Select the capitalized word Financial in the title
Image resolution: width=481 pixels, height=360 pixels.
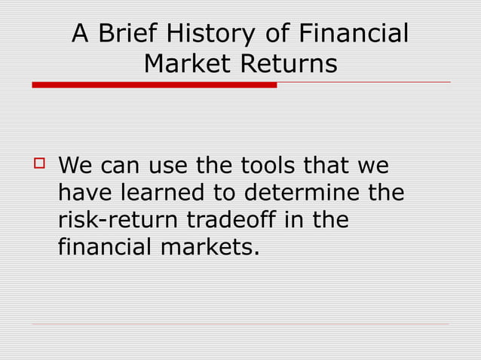pos(354,34)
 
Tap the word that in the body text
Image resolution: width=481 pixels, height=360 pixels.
pos(328,165)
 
